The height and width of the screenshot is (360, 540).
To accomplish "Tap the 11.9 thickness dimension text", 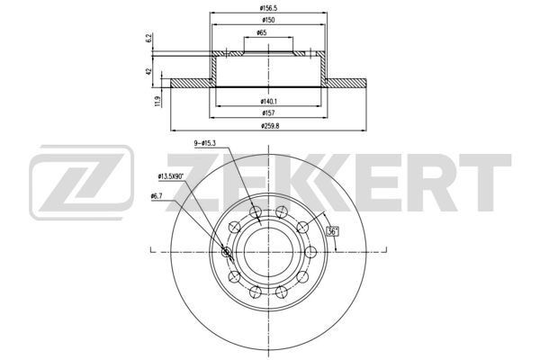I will tap(157, 102).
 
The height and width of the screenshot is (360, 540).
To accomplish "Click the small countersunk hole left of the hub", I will tap(225, 253).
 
